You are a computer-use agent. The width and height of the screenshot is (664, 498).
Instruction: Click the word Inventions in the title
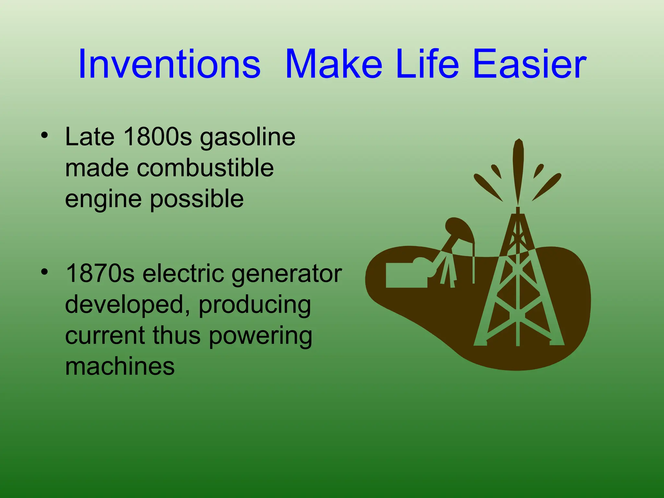169,64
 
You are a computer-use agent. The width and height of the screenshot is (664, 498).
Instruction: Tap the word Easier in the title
529,64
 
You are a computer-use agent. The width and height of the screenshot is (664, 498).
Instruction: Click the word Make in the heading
334,64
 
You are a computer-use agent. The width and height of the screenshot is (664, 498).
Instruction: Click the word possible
197,199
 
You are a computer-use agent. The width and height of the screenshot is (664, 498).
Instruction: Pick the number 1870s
100,274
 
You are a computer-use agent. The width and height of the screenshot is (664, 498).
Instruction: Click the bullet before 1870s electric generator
44,272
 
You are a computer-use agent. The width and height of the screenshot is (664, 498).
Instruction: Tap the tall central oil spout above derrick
518,169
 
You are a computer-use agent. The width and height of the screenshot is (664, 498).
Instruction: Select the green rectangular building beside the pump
406,275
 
